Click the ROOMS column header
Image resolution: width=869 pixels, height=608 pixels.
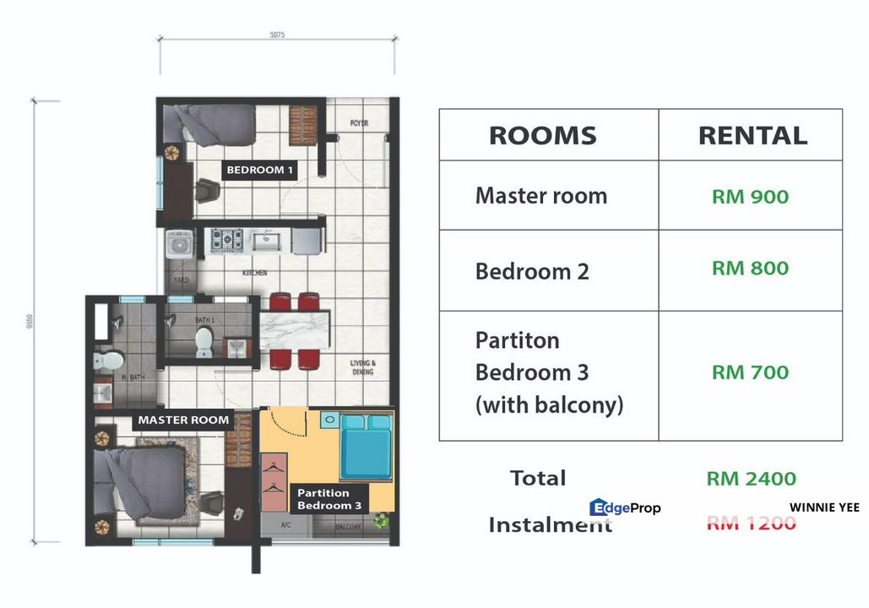(542, 135)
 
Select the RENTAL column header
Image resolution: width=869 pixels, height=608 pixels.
(752, 135)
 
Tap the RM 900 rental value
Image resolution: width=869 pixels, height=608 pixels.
(750, 197)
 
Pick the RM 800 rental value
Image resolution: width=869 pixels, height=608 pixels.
(750, 269)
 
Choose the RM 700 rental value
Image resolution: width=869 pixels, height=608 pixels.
(750, 372)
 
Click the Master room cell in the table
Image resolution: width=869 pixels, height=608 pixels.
(540, 196)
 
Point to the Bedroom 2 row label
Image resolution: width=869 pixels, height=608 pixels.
(532, 272)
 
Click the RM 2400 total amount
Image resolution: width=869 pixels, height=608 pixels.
(751, 479)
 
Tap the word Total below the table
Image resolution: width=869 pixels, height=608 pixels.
(538, 478)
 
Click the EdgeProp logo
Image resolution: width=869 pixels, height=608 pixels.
(625, 508)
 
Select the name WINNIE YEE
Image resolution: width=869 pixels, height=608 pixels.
(824, 508)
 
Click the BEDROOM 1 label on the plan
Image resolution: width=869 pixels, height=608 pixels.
(260, 170)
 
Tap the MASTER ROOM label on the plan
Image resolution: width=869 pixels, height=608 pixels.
(183, 420)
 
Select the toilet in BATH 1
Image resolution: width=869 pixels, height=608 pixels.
(204, 342)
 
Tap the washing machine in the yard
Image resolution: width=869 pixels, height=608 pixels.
(178, 243)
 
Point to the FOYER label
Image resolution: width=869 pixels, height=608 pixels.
(359, 123)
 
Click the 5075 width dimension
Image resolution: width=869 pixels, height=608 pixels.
(278, 35)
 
